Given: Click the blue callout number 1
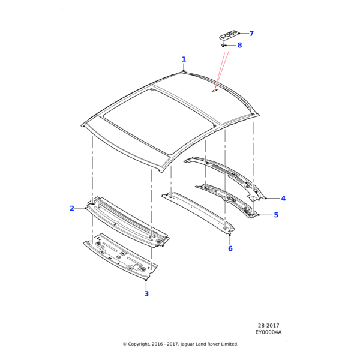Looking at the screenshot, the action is [x=184, y=59].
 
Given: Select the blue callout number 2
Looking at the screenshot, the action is [x=72, y=208].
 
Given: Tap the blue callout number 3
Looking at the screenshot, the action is [x=146, y=293].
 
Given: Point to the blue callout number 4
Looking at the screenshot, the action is [x=283, y=198].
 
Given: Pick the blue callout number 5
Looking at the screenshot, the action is [x=276, y=215].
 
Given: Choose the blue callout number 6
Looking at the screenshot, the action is [x=230, y=248].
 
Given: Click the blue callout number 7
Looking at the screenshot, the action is [x=251, y=34].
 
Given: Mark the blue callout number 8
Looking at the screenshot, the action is [x=239, y=45].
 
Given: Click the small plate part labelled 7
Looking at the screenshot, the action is [x=228, y=35].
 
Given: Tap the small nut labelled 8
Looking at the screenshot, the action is [x=223, y=46].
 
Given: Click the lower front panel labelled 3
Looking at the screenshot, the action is [x=121, y=257].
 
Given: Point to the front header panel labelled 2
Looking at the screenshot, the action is [x=128, y=222].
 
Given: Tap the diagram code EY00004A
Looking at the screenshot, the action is [x=268, y=332].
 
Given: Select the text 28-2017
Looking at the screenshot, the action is [x=268, y=326].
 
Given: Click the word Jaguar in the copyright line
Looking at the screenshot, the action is [x=187, y=344].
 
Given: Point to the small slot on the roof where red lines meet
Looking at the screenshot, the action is [x=214, y=91].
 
